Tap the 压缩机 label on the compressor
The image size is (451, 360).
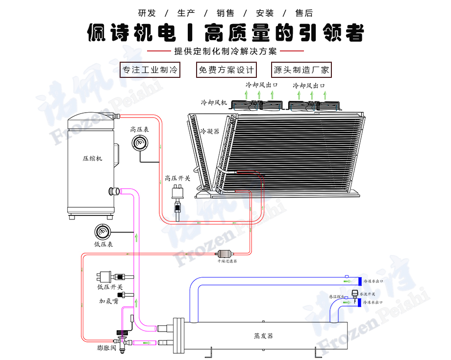[92, 159]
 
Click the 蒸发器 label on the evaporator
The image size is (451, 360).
[263, 336]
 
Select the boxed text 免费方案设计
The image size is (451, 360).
[226, 70]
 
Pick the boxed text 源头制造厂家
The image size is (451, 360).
[301, 70]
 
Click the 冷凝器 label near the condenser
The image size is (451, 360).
[210, 131]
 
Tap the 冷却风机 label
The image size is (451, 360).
[214, 103]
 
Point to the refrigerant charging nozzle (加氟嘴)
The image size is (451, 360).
[126, 294]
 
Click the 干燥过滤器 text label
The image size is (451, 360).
[227, 261]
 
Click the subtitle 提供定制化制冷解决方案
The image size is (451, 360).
[225, 51]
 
